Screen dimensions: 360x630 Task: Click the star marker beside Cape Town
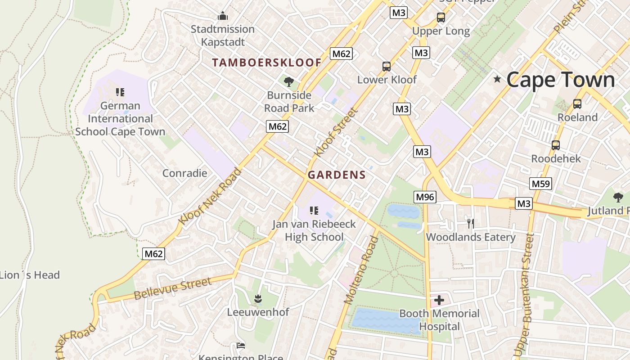coord(497,80)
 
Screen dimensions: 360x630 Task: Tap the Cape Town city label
coord(560,80)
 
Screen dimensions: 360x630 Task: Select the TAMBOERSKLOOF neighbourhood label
coord(267,63)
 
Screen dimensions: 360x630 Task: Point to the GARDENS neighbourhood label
coord(337,175)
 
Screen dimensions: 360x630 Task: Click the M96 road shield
coord(425,197)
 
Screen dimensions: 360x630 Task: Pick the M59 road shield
coord(541,184)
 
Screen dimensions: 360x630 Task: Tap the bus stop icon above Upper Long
coord(441,18)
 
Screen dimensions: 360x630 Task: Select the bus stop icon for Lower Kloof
coord(387,67)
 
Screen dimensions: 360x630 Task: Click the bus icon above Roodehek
coord(556,145)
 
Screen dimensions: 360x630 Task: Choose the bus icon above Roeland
coord(577,104)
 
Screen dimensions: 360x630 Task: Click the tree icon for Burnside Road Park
coord(289,81)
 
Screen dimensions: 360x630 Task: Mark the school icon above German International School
coord(120,92)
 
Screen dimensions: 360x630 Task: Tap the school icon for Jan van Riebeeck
coord(314,210)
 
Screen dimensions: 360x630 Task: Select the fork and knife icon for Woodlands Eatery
coord(471,223)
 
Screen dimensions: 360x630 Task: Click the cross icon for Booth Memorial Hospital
coord(439,300)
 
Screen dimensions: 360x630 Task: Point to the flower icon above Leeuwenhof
coord(258,298)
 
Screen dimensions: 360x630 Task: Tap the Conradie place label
coord(184,173)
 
